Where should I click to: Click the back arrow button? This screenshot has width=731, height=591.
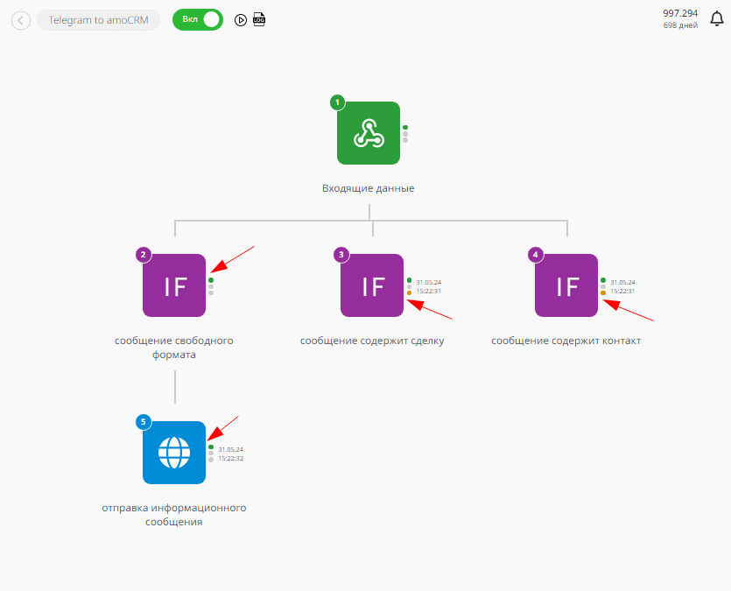[x=21, y=20]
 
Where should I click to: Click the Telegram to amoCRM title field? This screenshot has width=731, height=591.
[x=98, y=20]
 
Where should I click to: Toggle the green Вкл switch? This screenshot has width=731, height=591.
[x=198, y=19]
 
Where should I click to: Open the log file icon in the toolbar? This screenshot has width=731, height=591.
[x=259, y=19]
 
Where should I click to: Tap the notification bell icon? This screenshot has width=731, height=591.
[x=716, y=19]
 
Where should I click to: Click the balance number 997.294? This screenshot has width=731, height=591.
[x=680, y=13]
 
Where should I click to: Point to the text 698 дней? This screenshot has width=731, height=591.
[x=680, y=25]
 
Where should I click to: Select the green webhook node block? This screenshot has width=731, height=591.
[x=369, y=133]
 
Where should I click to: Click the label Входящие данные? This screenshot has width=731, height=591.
[x=369, y=188]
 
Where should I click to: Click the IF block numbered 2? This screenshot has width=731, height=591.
[x=174, y=285]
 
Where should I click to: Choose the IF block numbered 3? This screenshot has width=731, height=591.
[x=372, y=285]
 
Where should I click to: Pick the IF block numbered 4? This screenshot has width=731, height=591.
[x=566, y=285]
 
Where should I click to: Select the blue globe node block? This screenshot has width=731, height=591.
[x=174, y=453]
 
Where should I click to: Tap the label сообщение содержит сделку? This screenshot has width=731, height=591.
[x=372, y=341]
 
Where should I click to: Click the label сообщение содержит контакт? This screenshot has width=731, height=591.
[x=566, y=341]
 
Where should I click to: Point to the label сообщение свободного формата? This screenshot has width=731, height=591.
[x=174, y=348]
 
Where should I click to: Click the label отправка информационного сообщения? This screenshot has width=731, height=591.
[x=174, y=515]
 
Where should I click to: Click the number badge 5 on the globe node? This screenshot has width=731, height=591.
[x=144, y=422]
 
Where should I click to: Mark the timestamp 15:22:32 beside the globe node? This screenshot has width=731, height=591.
[x=231, y=458]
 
